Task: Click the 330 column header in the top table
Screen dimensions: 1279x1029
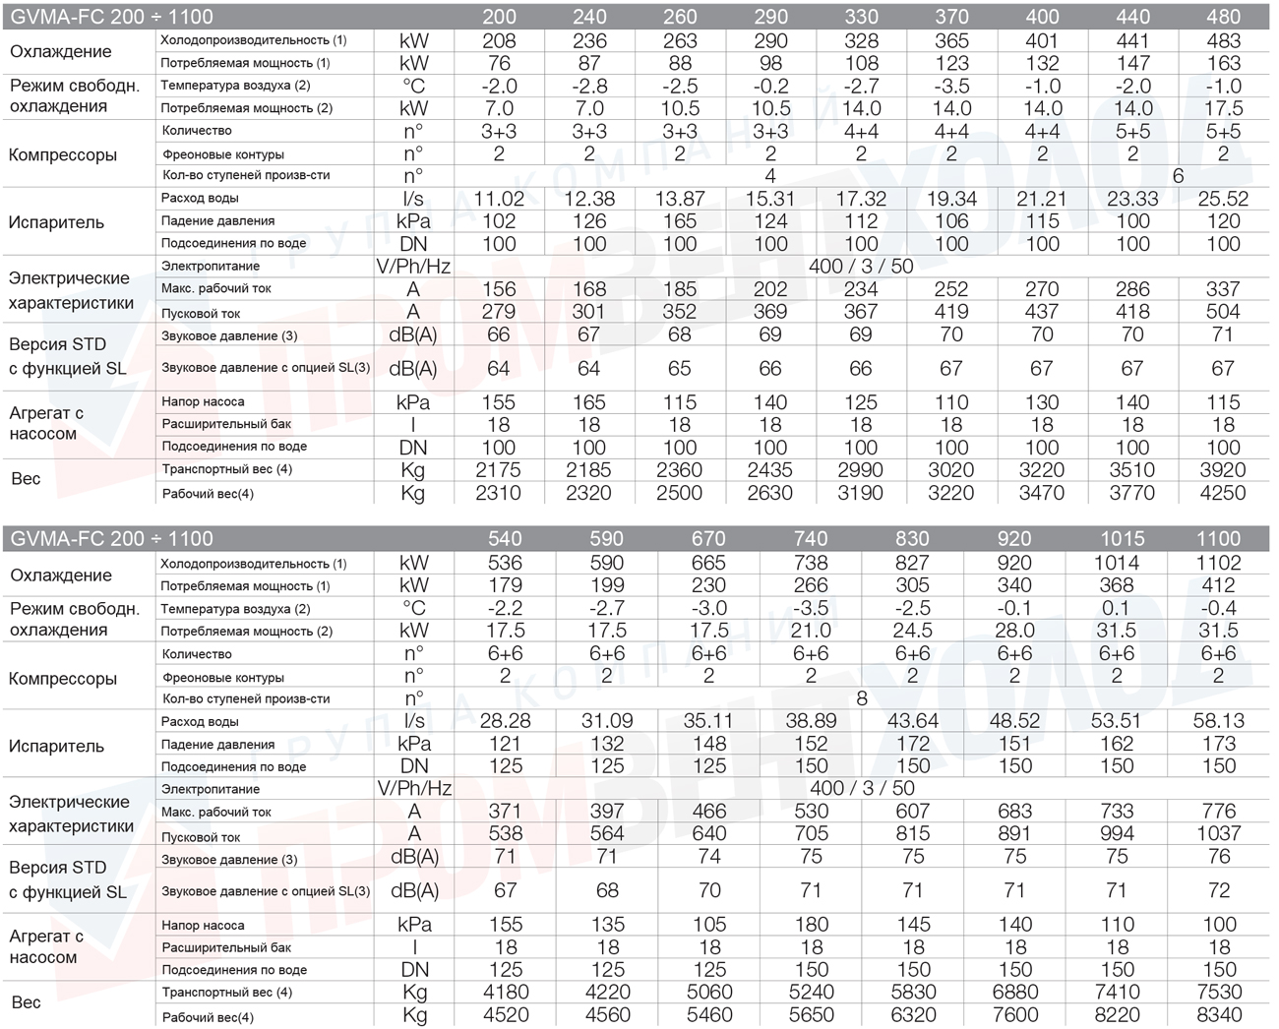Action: tap(861, 17)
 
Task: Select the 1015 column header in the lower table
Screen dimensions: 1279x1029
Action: tap(1123, 538)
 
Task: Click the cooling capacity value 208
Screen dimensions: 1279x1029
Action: tap(499, 40)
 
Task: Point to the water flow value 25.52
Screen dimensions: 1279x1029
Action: tap(1223, 199)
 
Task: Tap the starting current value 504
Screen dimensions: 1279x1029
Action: tap(1223, 312)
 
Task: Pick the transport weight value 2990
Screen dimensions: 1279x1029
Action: tap(860, 470)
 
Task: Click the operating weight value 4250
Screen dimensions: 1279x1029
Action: tap(1223, 493)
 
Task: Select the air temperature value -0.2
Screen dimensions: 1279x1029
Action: tap(771, 87)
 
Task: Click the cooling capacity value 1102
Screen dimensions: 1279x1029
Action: tap(1218, 563)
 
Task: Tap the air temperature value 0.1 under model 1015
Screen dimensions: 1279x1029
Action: tap(1116, 608)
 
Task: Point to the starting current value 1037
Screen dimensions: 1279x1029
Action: tap(1218, 833)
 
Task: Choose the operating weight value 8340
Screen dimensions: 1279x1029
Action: tap(1219, 1014)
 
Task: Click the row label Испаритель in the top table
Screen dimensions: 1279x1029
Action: tap(56, 222)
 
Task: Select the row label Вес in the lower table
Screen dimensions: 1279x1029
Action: tap(27, 1002)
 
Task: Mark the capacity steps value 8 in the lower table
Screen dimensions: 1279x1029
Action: tap(862, 698)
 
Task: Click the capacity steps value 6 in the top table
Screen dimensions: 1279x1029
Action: tap(1178, 176)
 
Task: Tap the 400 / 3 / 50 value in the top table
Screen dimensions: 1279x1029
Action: tap(861, 267)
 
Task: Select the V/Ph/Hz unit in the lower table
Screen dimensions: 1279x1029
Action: tap(414, 789)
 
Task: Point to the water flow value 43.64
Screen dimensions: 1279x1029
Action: tap(913, 721)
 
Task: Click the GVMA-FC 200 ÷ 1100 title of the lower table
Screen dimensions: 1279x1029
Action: tap(112, 538)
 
